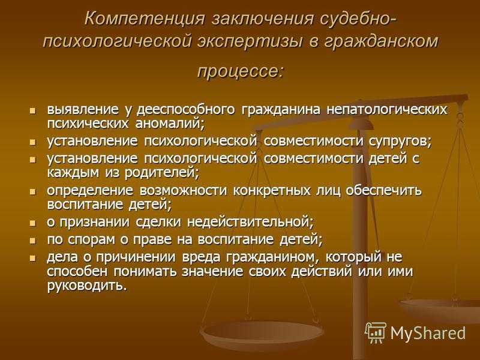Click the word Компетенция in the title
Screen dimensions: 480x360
click(144, 19)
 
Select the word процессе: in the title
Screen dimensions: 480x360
click(241, 71)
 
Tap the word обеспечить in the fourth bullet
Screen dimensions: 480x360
click(384, 190)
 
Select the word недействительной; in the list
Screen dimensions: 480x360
click(250, 222)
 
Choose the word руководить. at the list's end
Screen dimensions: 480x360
click(86, 286)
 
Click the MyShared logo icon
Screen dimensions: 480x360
click(376, 332)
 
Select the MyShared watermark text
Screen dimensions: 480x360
click(428, 333)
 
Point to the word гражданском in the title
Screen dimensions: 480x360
click(381, 41)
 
